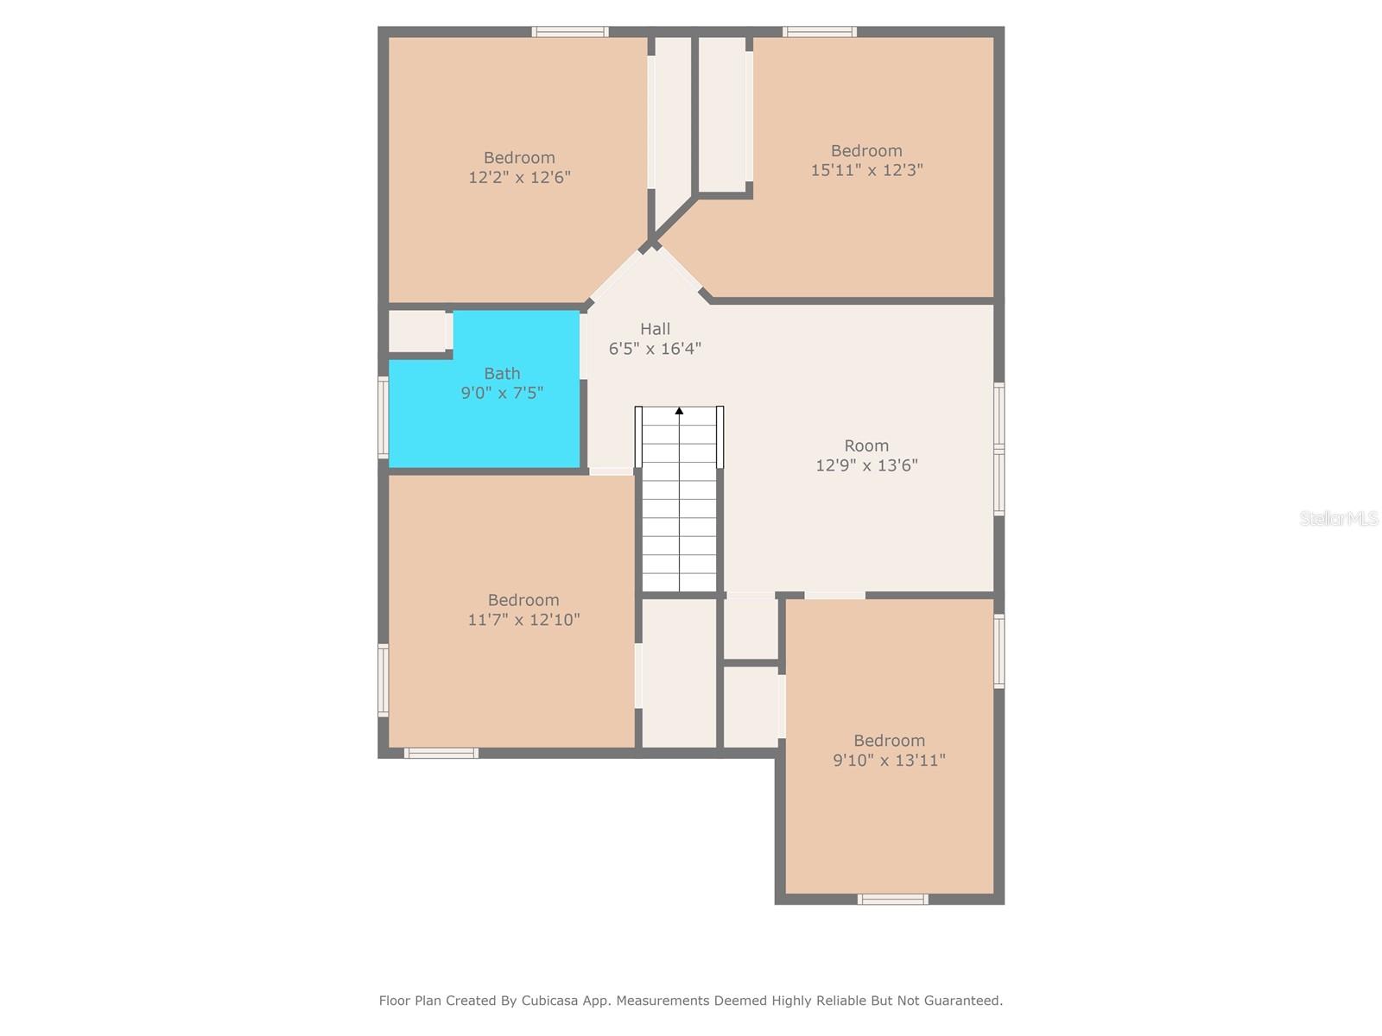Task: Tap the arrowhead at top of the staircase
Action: point(679,411)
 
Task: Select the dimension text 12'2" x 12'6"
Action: point(519,178)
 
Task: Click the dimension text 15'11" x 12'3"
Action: point(866,171)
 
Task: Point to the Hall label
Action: point(655,329)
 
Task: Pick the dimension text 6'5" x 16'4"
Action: point(655,349)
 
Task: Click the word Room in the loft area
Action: point(866,445)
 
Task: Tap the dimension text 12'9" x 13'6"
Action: point(866,466)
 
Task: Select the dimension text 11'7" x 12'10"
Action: point(523,620)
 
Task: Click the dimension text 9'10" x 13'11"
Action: point(889,761)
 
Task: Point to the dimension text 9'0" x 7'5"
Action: point(502,394)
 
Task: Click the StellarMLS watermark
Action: point(1338,519)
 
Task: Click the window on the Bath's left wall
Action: point(384,417)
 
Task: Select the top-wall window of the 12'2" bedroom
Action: point(569,32)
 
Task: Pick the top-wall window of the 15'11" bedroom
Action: point(819,32)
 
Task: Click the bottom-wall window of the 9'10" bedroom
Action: point(892,900)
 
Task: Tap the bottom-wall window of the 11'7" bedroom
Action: point(441,754)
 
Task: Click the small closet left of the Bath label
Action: point(416,332)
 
